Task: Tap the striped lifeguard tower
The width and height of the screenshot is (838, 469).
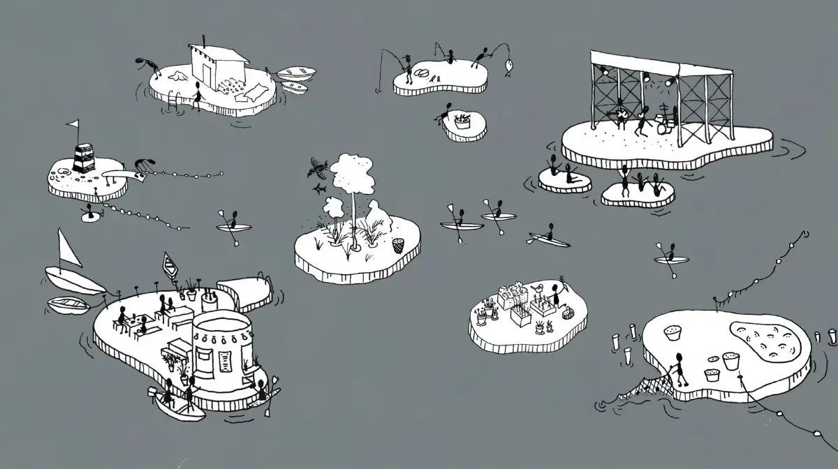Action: click(83, 158)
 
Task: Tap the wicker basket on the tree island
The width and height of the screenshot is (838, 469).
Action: click(398, 245)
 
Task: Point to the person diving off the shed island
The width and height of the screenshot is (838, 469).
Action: click(149, 64)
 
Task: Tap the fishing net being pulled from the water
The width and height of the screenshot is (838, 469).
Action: click(632, 392)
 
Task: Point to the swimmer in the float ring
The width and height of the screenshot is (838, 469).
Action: click(89, 214)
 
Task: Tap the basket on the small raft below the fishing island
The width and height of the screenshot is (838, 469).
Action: click(462, 121)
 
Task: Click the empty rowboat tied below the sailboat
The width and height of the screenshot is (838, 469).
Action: click(68, 305)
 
